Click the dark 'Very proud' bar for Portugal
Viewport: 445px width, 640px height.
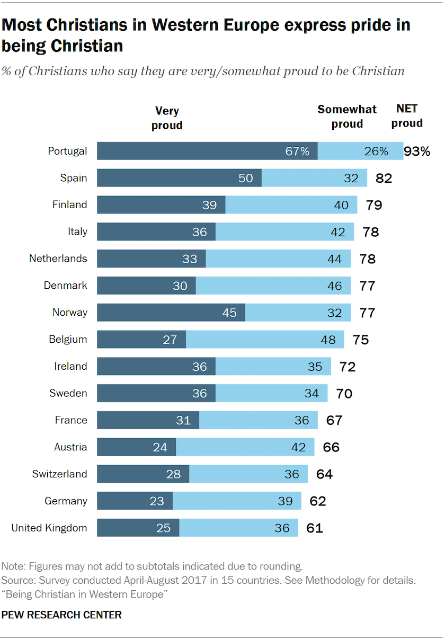point(207,151)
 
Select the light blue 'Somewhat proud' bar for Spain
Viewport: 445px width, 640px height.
point(314,178)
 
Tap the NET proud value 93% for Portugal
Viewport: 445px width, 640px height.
point(417,152)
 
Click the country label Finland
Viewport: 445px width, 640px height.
point(69,205)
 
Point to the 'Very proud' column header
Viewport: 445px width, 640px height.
point(167,118)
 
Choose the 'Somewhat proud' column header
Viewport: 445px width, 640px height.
point(347,117)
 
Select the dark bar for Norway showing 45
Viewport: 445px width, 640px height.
point(171,313)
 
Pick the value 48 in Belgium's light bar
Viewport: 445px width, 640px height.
point(328,340)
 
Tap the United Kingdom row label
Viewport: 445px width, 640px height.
point(49,528)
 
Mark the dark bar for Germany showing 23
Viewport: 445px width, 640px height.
point(135,501)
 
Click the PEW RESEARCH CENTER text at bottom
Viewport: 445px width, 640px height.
point(61,615)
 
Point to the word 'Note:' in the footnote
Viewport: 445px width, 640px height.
point(13,565)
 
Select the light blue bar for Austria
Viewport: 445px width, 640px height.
point(245,447)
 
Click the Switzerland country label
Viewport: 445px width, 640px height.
point(59,474)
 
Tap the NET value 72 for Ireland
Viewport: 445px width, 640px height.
point(344,367)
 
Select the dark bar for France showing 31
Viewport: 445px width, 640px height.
point(148,420)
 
